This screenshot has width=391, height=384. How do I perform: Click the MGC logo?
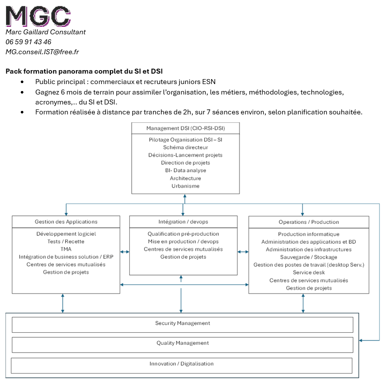(x=38, y=16)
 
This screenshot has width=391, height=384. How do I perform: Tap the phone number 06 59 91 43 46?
(x=28, y=42)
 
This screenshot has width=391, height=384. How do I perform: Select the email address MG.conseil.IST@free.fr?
(x=42, y=52)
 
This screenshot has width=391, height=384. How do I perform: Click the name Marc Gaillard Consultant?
(x=46, y=32)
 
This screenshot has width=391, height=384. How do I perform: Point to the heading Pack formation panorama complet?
(x=84, y=72)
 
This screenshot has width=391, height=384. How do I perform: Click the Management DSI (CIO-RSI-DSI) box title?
(x=185, y=128)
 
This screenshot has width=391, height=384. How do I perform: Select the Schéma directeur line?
(x=185, y=147)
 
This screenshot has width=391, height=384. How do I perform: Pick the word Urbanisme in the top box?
(x=185, y=186)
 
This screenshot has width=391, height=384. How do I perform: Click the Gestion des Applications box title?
(x=66, y=222)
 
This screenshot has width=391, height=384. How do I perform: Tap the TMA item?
(x=66, y=249)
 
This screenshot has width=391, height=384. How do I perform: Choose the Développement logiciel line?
(x=66, y=234)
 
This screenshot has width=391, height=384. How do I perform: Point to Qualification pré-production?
(x=183, y=234)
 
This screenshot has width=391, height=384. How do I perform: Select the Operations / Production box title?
(x=309, y=222)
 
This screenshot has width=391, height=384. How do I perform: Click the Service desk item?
(x=309, y=273)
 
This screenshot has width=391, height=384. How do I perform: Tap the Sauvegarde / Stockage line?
(x=309, y=257)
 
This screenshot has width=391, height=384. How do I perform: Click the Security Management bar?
(x=182, y=324)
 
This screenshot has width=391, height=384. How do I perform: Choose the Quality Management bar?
(x=182, y=343)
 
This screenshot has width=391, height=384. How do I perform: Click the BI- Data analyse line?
(x=185, y=171)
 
